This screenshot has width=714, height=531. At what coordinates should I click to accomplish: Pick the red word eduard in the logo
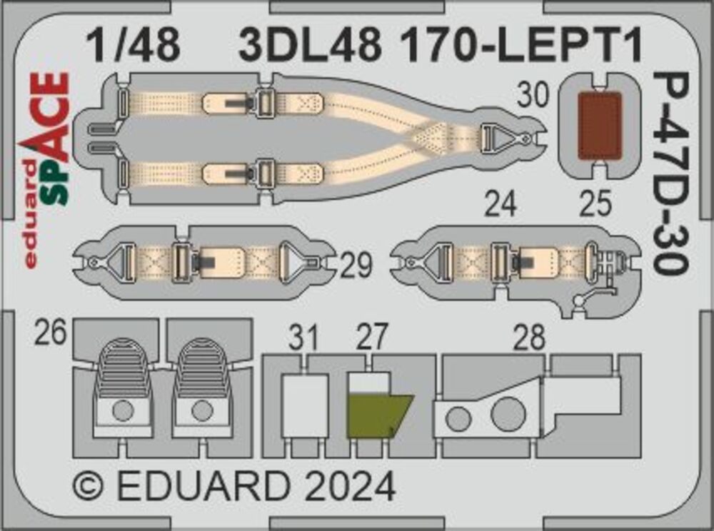[x=30, y=214]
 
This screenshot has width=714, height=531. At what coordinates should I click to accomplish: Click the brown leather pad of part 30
[x=600, y=126]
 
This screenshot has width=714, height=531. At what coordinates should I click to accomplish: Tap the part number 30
[x=533, y=96]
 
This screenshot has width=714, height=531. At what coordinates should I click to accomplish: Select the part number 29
[x=356, y=265]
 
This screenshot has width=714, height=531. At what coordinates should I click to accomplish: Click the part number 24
[x=501, y=204]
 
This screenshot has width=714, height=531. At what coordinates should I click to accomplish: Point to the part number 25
[x=595, y=204]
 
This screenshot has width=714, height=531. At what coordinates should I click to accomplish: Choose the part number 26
[x=51, y=332]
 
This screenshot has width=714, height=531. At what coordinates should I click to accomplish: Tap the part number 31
[x=303, y=337]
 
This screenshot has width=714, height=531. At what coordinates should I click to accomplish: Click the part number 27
[x=372, y=337]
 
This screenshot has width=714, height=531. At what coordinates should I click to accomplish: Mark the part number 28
[x=529, y=337]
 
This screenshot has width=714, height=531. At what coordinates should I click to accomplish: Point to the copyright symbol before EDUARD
[x=89, y=487]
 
